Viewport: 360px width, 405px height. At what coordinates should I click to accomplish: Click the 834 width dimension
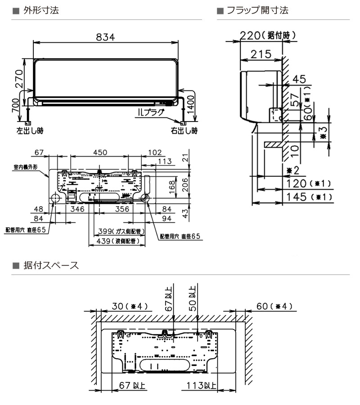point(105,37)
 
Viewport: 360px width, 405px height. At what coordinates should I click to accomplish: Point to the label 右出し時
point(184,131)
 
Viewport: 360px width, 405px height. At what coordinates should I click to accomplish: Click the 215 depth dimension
point(261,54)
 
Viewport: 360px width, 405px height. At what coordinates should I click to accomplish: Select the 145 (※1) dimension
point(310,197)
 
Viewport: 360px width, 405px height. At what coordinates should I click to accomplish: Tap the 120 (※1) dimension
point(310,184)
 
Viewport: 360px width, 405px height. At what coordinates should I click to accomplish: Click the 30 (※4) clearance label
point(130,306)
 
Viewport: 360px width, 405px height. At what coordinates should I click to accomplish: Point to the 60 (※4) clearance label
point(274,306)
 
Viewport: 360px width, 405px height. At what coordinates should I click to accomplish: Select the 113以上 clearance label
point(202,386)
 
